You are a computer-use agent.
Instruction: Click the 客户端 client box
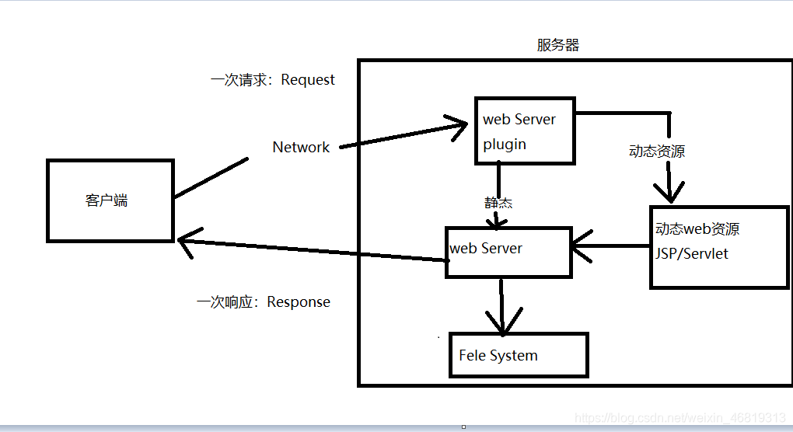[110, 200]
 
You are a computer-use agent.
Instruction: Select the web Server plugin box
[525, 131]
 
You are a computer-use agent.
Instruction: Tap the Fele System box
[518, 356]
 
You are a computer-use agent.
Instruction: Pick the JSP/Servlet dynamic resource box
[718, 247]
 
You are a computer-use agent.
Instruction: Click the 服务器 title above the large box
[557, 45]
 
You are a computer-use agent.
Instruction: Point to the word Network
[301, 147]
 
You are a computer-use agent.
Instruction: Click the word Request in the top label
[308, 79]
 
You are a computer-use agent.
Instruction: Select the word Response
[299, 301]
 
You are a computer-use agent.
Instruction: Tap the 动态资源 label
[657, 152]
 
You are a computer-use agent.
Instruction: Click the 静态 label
[498, 203]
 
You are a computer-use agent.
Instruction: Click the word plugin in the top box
[505, 145]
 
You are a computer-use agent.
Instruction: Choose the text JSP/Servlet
[692, 253]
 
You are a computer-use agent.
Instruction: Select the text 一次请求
[240, 79]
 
